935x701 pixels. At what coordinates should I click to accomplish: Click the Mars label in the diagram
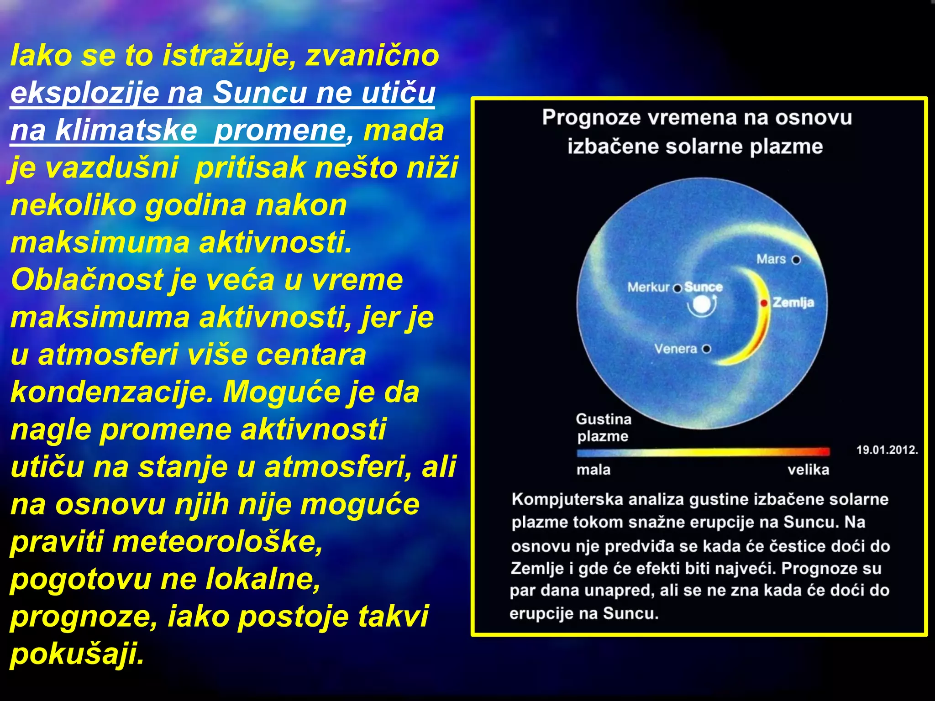pos(771,259)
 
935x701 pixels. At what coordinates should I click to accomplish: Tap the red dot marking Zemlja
pos(763,303)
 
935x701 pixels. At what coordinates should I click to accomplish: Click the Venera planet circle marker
pos(706,349)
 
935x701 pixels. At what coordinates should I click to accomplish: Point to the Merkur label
pos(648,287)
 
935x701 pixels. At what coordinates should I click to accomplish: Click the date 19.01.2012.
pos(887,450)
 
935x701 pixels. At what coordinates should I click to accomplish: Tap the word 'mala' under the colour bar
pos(593,470)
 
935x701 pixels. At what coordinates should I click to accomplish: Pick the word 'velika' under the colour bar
pos(808,470)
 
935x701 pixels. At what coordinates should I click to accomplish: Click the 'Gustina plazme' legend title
pos(603,427)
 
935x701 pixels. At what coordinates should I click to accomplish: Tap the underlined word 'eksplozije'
pos(84,93)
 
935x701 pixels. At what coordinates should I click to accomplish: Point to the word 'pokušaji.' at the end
pos(77,654)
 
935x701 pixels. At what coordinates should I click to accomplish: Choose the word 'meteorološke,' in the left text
pos(217,542)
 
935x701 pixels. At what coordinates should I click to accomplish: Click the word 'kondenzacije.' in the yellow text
pos(112,392)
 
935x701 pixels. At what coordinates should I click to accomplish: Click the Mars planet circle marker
pos(796,260)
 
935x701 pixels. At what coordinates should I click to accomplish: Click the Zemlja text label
pos(793,303)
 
